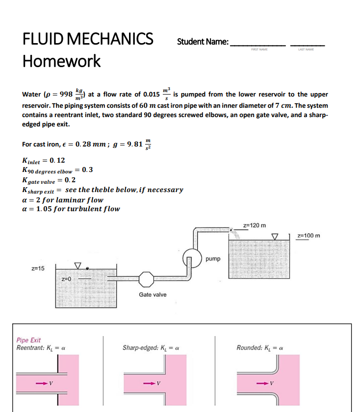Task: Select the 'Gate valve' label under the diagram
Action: pos(153,294)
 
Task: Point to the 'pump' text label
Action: pos(213,258)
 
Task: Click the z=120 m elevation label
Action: pos(255,225)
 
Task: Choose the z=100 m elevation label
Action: pos(309,236)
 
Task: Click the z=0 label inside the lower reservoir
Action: pos(66,279)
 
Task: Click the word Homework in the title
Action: pos(61,61)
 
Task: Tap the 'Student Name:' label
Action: pos(203,42)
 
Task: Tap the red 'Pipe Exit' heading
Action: pos(28,340)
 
